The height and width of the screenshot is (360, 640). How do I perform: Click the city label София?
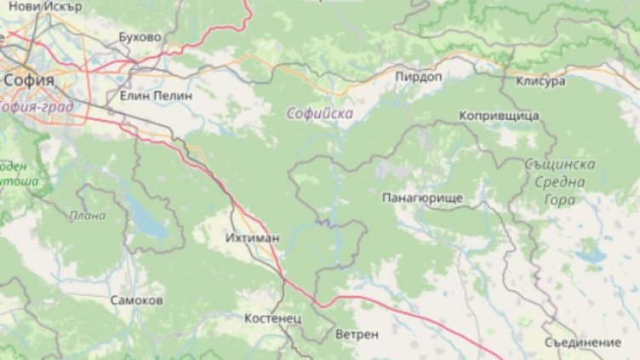[x=29, y=80]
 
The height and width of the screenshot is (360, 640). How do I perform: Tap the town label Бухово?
[x=140, y=37]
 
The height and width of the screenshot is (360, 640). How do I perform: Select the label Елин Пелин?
[x=156, y=96]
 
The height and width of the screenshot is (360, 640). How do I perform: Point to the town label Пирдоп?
[x=418, y=77]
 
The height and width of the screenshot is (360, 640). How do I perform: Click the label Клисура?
[x=540, y=82]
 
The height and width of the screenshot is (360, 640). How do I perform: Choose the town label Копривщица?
[x=499, y=115]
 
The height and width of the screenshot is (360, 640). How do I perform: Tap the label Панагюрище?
[x=422, y=197]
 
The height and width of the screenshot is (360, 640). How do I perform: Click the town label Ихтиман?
[x=254, y=238]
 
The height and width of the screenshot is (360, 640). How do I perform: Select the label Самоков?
[x=137, y=300]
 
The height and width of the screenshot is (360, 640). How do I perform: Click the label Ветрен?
[x=357, y=334]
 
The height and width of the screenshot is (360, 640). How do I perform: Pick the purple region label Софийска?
[x=320, y=112]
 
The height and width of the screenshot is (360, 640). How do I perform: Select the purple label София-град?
[x=37, y=107]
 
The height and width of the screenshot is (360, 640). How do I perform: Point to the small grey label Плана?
[x=88, y=215]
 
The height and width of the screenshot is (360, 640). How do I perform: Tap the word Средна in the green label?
[x=561, y=181]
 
